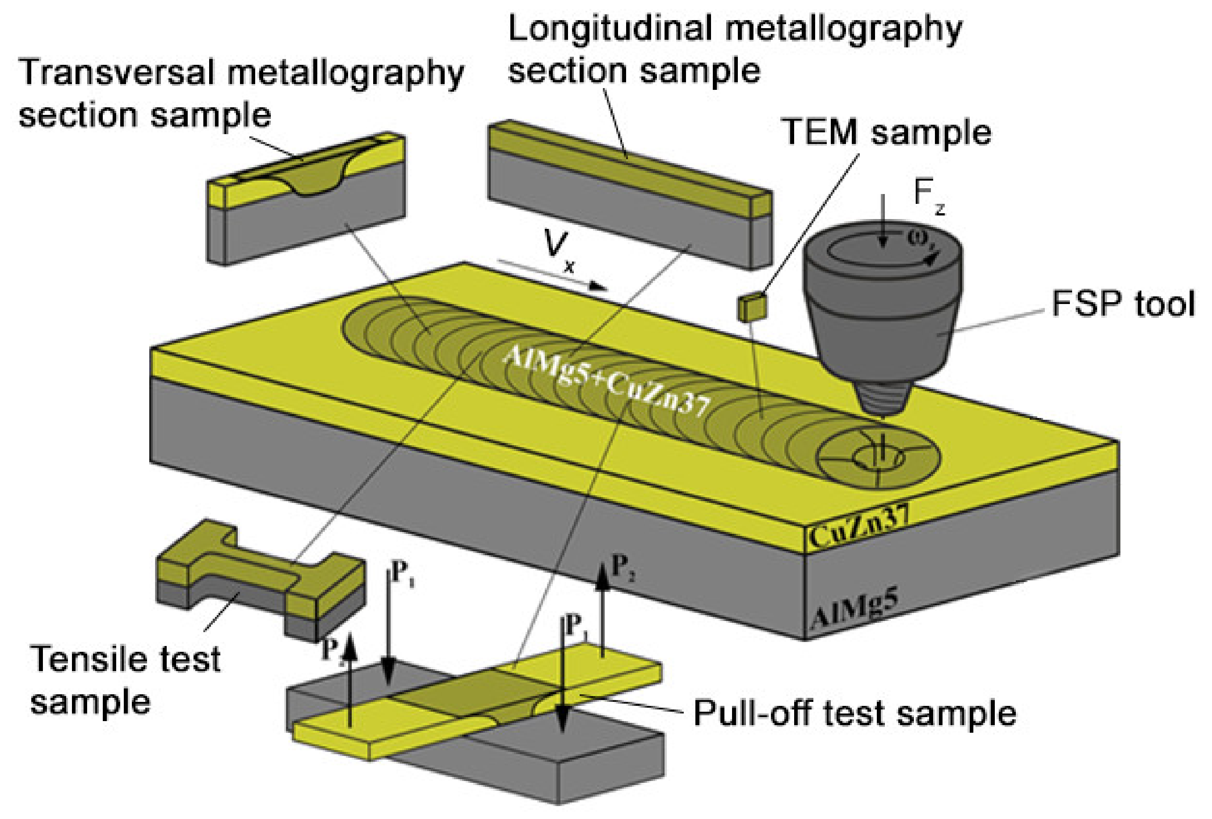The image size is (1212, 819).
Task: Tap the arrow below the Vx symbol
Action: pyautogui.click(x=553, y=274)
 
